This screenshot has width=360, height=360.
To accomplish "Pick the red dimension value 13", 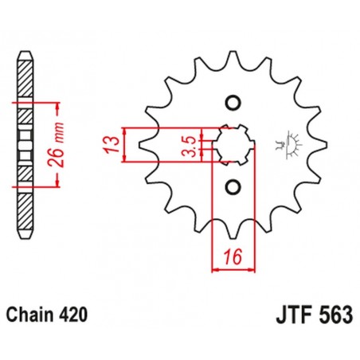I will coord(112,144).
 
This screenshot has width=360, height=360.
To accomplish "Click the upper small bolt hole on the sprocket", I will coord(233,103).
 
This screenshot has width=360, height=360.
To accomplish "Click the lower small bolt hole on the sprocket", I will coord(233,186).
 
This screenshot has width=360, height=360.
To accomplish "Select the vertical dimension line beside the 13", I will coord(124,144).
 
